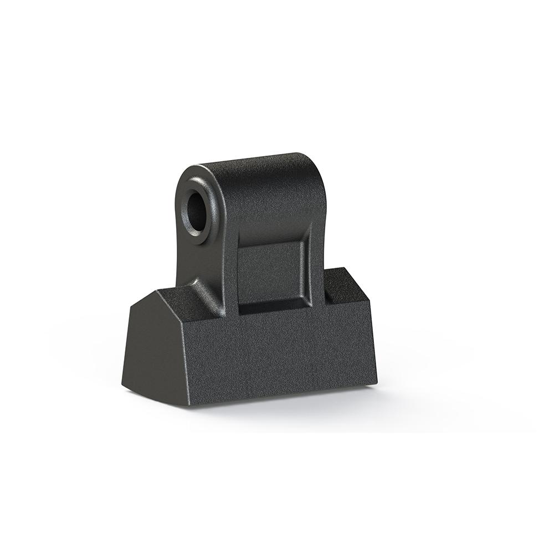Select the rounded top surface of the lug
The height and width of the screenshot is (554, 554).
tap(255, 162)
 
